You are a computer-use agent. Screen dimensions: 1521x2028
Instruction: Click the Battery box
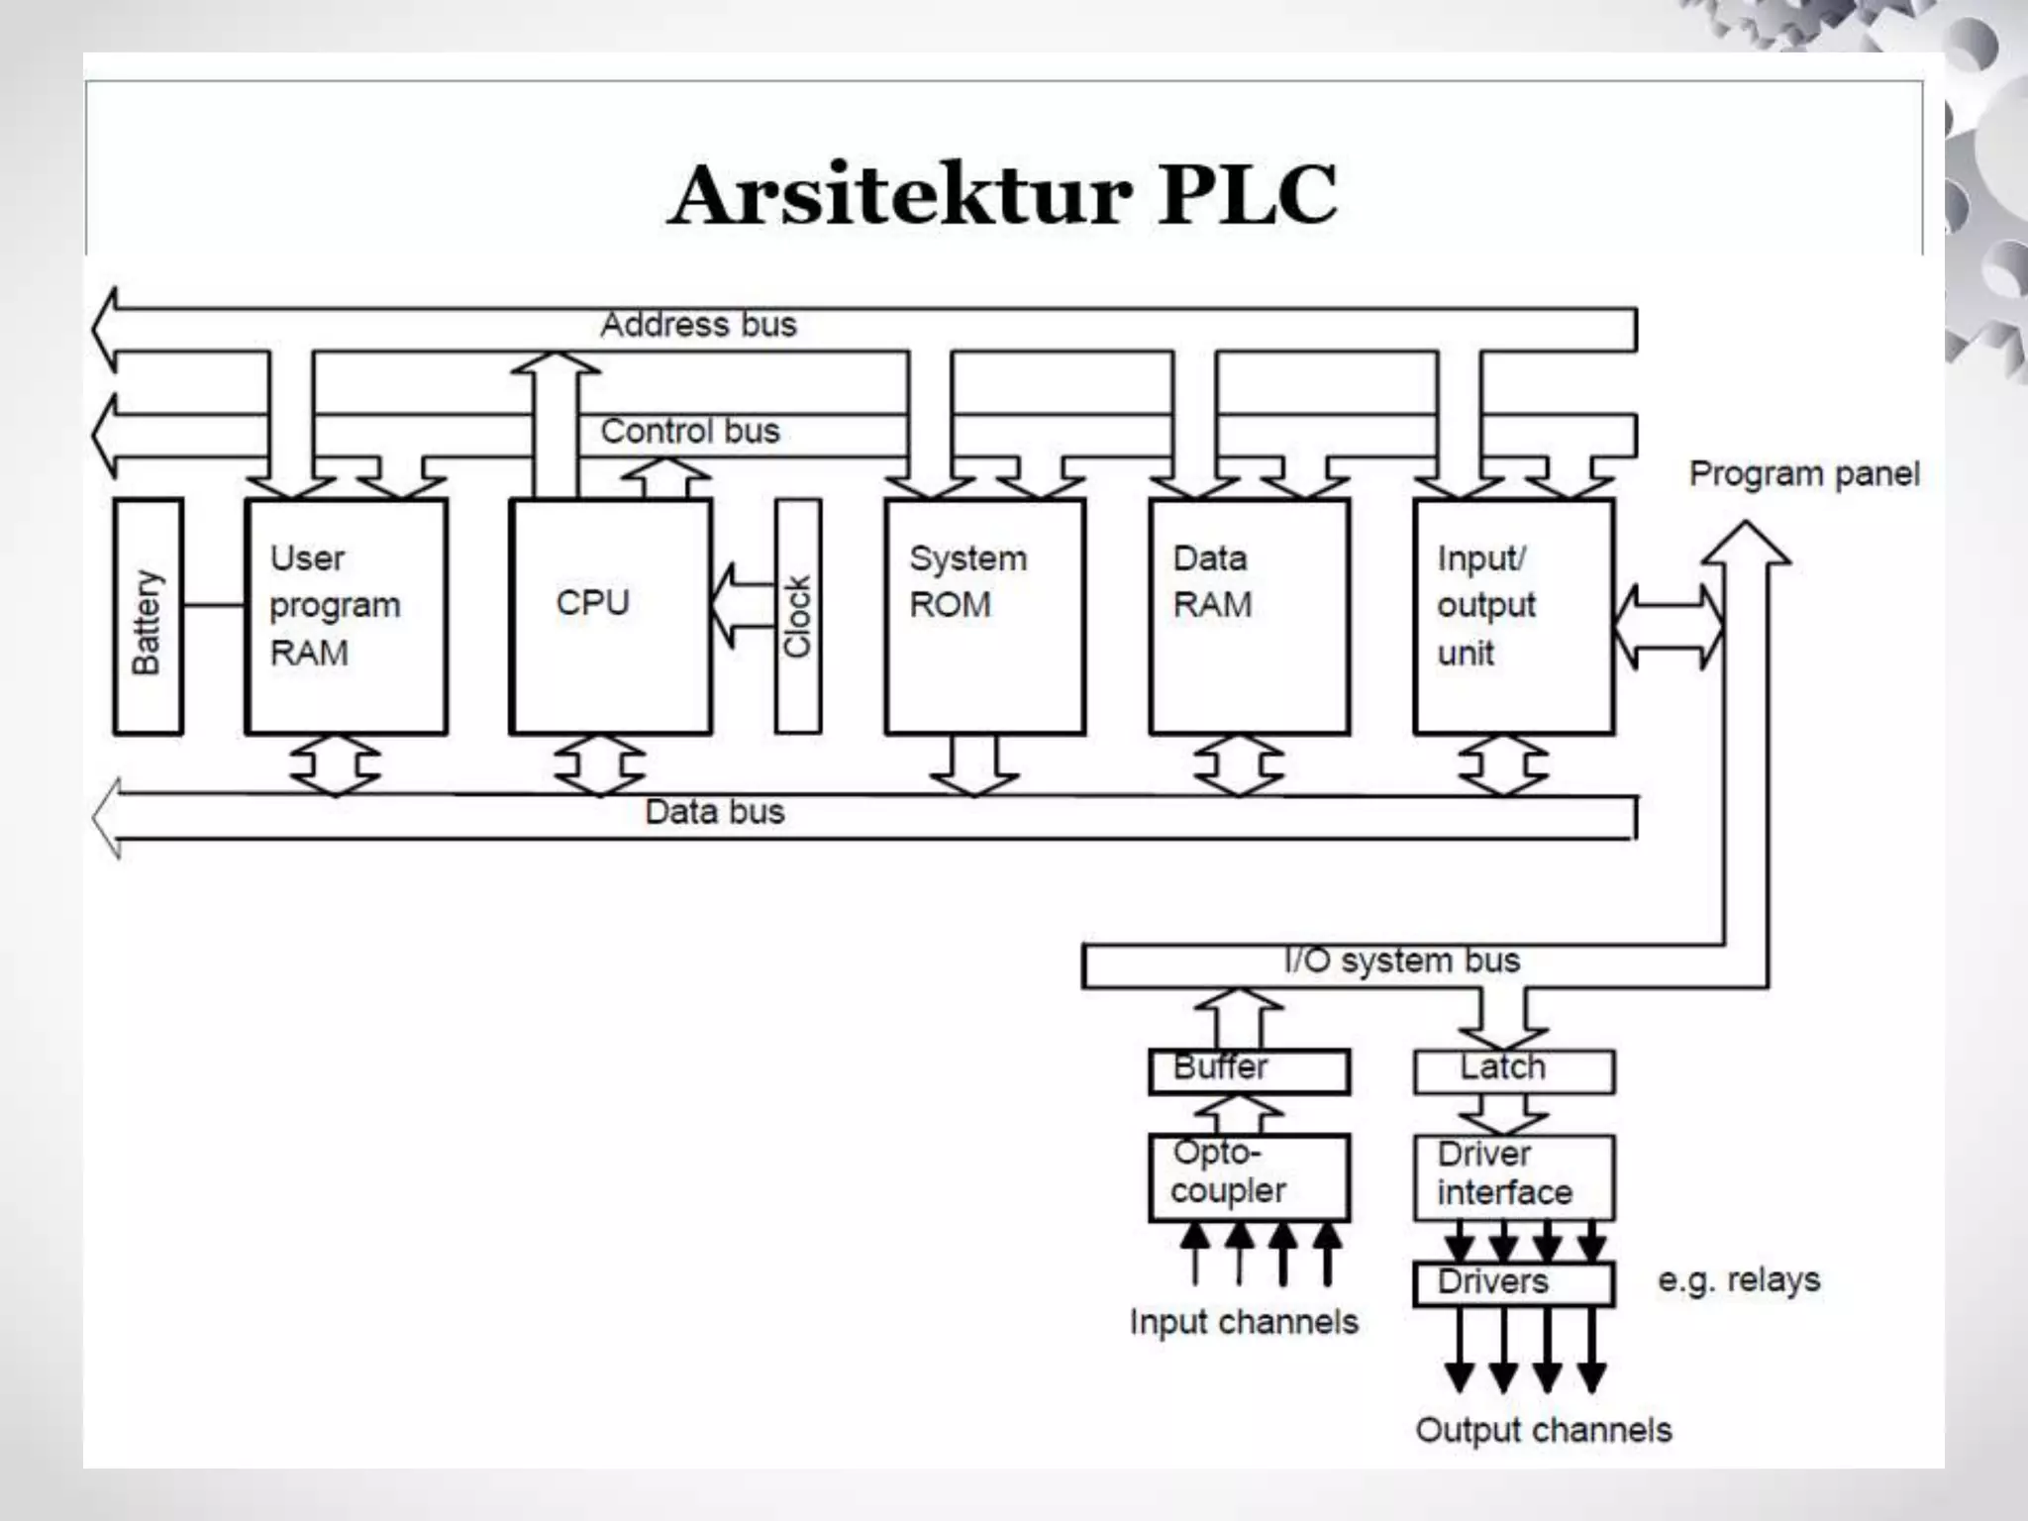pos(148,616)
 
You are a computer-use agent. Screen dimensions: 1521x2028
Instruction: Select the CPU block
pos(610,616)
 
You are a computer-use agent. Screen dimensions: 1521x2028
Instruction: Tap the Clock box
pos(798,616)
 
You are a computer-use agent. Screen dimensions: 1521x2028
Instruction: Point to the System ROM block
pos(984,616)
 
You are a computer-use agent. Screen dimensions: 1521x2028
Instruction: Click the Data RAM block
pos(1249,616)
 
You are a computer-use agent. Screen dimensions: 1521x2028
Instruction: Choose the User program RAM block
pos(346,616)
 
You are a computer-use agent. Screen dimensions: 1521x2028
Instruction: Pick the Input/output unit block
pos(1513,616)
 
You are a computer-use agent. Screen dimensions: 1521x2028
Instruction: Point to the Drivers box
pos(1513,1283)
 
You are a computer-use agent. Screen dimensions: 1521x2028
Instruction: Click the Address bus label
pos(698,325)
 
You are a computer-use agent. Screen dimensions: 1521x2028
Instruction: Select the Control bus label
pos(690,432)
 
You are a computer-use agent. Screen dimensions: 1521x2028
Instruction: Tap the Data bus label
pos(714,812)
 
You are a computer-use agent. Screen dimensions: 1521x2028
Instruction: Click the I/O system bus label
pos(1401,961)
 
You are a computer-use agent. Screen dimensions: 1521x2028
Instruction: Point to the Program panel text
pos(1803,474)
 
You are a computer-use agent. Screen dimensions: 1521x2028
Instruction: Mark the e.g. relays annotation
pos(1739,1280)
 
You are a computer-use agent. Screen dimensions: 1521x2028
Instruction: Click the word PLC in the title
pos(1248,195)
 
